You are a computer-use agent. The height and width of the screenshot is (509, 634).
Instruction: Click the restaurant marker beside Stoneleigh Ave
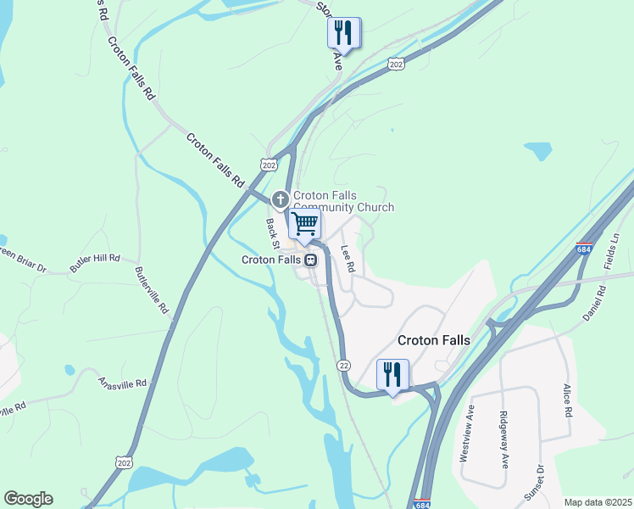(344, 33)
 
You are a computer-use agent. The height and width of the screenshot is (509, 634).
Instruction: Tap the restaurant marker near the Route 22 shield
(392, 374)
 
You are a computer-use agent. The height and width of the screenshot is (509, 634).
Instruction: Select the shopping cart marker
(304, 224)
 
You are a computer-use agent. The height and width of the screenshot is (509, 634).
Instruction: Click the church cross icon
(281, 200)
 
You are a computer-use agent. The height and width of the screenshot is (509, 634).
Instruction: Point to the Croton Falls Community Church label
(343, 201)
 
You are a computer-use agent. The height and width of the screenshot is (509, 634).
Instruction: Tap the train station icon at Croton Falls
(312, 260)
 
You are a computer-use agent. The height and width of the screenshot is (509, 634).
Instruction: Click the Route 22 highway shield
(343, 365)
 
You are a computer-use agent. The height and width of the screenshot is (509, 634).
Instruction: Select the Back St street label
(272, 232)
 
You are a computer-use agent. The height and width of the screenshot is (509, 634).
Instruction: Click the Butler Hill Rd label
(95, 262)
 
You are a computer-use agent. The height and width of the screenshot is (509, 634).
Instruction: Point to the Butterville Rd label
(153, 291)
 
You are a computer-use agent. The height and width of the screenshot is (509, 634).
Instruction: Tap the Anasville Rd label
(122, 383)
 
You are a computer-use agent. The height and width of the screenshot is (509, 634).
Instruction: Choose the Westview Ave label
(466, 432)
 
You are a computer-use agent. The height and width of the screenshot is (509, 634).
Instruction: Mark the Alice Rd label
(568, 400)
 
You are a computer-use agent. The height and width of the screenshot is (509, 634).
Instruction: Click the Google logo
(28, 499)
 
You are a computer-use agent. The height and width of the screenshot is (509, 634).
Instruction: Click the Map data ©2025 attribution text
(598, 502)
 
